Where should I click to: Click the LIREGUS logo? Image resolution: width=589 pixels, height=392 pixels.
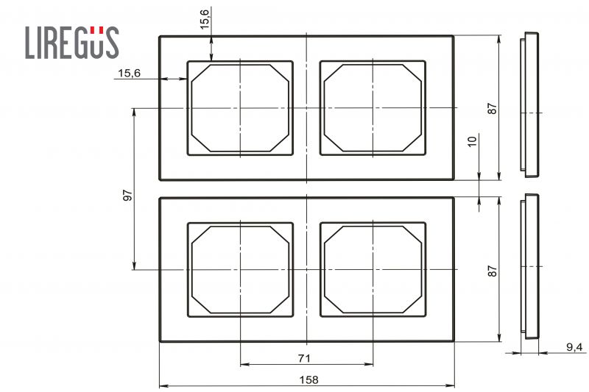click(72, 43)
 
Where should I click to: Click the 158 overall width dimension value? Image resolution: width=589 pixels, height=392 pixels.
click(308, 380)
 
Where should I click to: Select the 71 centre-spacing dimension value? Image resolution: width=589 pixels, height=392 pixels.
click(304, 359)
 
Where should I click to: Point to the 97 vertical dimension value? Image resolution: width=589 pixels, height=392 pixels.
click(127, 196)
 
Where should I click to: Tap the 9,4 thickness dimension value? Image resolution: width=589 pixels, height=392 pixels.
click(574, 347)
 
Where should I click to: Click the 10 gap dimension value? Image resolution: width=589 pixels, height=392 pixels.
click(472, 141)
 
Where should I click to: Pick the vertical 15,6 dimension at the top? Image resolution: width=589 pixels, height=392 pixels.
click(205, 19)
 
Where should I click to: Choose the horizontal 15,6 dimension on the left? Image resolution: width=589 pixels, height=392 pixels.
click(130, 73)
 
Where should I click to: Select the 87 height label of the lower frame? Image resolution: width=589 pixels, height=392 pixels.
click(492, 271)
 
